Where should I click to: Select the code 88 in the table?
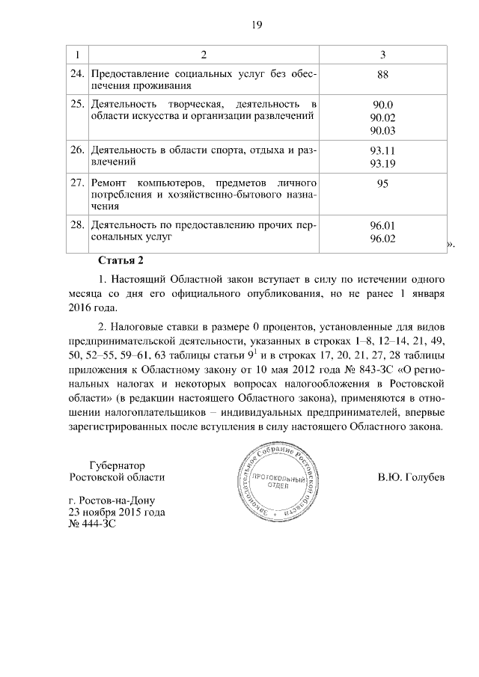coord(382,75)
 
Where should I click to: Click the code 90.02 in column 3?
coord(382,117)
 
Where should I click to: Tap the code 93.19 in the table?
coord(382,162)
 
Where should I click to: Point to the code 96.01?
coord(382,226)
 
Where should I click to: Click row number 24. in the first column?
coord(76,74)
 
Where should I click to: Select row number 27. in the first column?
coord(76,183)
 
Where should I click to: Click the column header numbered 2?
coord(203,55)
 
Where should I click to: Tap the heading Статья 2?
coord(120,260)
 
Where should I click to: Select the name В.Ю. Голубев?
coord(411,477)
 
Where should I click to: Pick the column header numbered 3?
coord(382,55)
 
